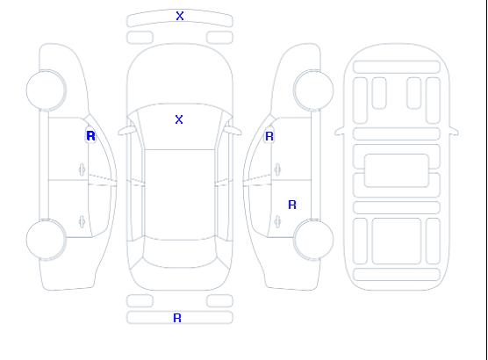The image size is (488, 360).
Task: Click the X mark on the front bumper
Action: coord(180,16)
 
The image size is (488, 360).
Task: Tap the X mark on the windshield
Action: coord(179,119)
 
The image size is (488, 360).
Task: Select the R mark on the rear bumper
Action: coord(177,318)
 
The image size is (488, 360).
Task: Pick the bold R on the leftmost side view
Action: coord(90,136)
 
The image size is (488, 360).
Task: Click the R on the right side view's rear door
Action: coord(292,205)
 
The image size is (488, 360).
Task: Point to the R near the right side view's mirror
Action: coord(269,136)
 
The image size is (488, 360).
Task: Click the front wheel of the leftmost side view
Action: coord(46,90)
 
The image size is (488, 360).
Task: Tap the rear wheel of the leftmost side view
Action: coord(46,240)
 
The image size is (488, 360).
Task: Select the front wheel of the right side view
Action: coord(313,90)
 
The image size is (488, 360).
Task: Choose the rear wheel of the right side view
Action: coord(313,240)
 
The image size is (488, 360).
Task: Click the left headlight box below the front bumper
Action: coord(140,38)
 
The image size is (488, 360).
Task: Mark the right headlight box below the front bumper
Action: coord(219,38)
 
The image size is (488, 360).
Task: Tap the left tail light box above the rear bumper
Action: coord(140,301)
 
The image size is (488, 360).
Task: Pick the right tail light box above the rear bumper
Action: coord(219,301)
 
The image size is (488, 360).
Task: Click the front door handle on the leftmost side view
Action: coord(82,169)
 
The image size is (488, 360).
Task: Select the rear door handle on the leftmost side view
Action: coord(82,221)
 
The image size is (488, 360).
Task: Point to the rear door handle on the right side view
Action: coord(277,221)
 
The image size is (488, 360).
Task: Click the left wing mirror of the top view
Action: coord(126,131)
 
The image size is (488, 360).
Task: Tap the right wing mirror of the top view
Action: coord(233,131)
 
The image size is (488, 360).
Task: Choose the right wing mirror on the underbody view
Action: coord(454,131)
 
